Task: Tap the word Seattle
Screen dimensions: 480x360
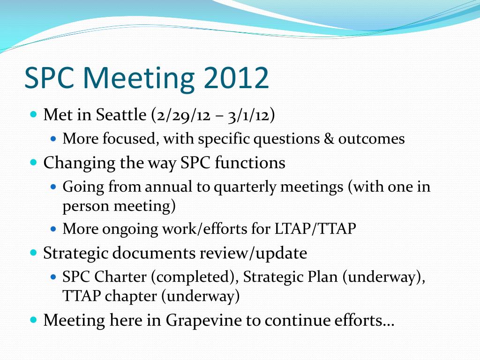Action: (x=121, y=115)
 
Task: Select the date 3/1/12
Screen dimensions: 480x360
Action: (x=248, y=115)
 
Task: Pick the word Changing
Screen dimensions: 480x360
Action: (x=79, y=163)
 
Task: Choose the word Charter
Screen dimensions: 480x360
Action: (x=120, y=277)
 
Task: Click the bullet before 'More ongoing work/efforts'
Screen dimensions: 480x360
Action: (x=53, y=229)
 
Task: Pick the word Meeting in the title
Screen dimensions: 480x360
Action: (x=139, y=78)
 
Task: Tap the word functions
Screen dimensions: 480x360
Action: (x=250, y=162)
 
